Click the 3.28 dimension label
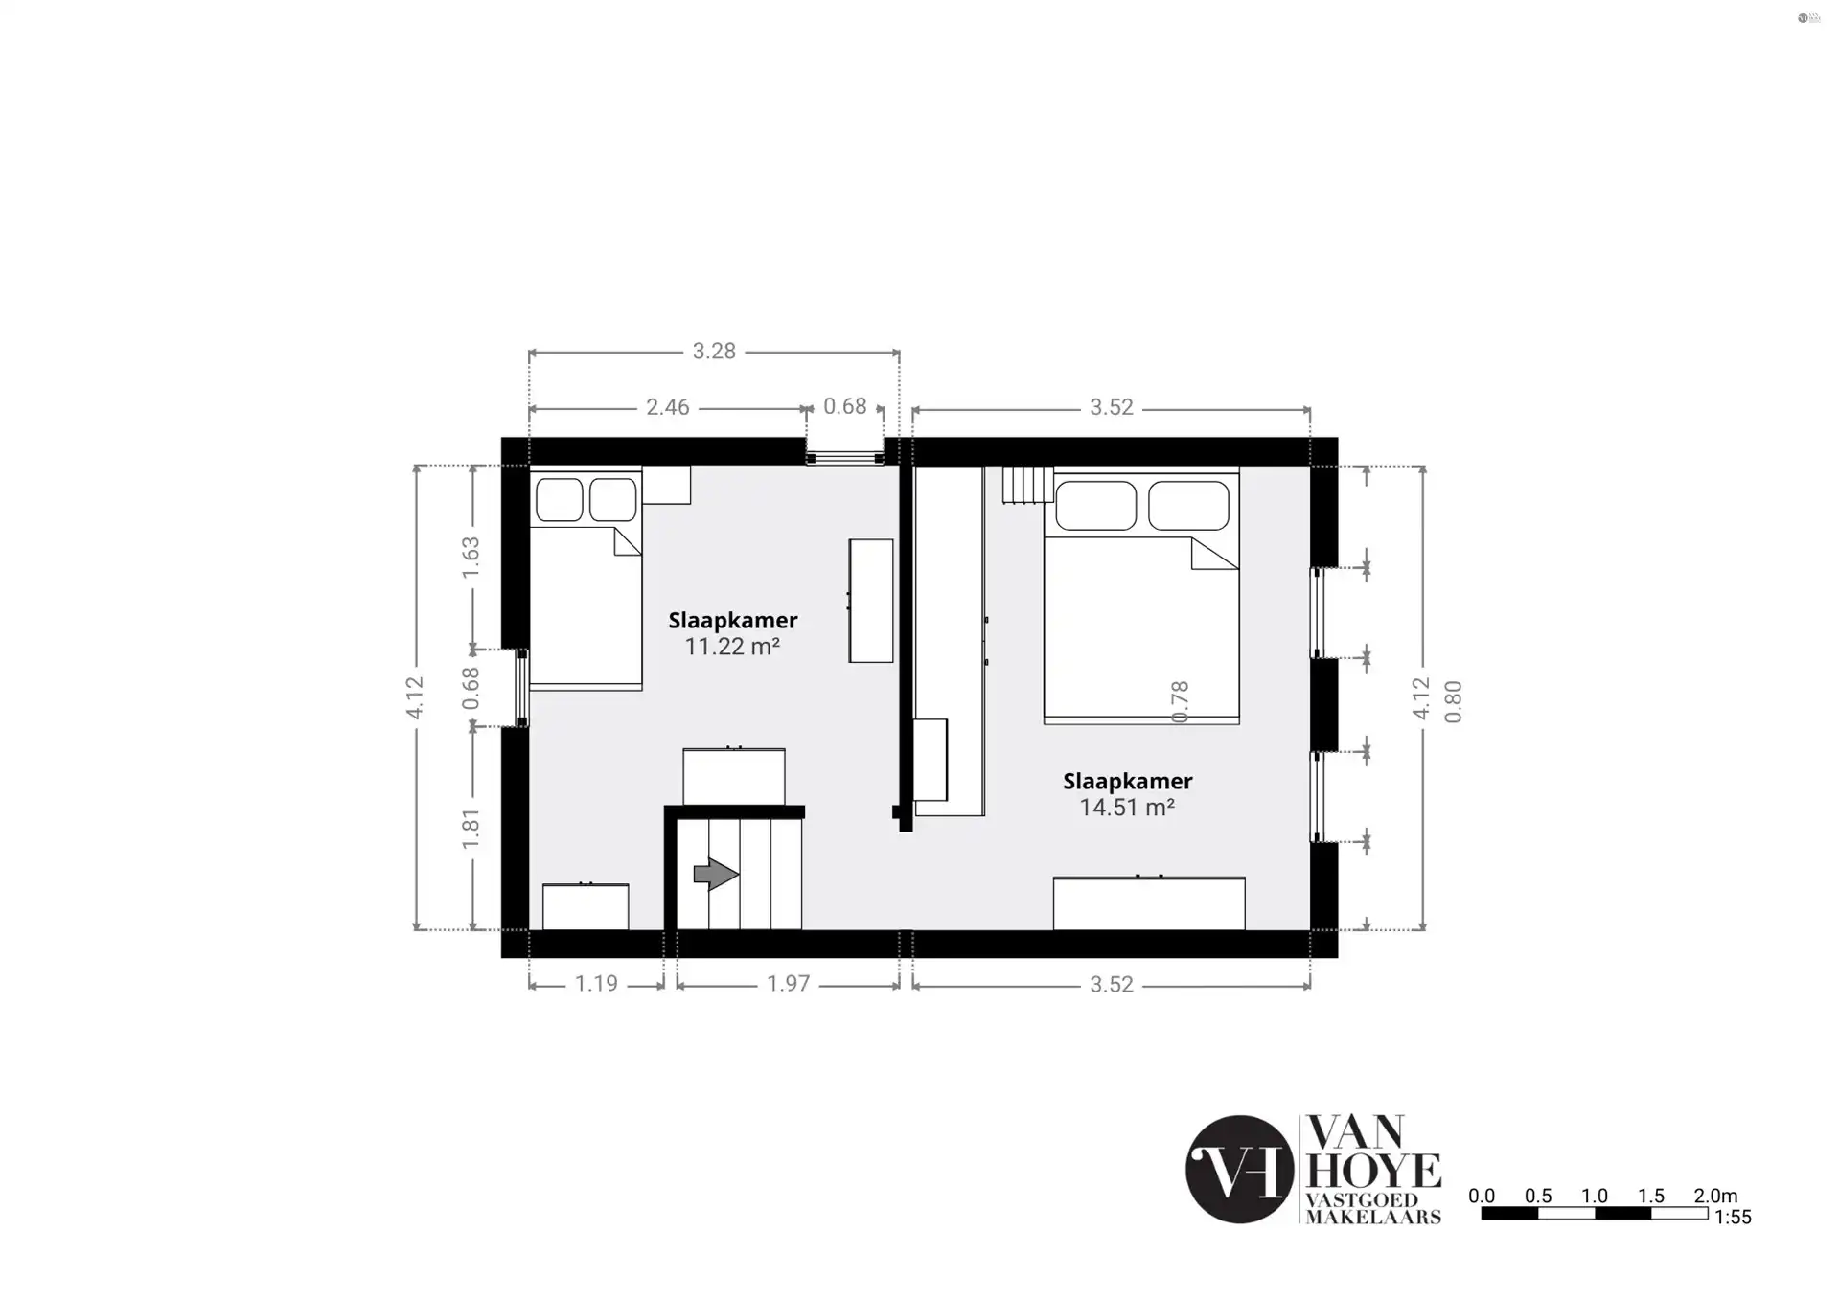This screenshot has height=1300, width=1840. tap(714, 352)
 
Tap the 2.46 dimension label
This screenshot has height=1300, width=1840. tap(667, 407)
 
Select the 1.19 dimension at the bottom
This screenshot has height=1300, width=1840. tap(595, 984)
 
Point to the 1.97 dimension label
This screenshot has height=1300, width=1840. tap(788, 984)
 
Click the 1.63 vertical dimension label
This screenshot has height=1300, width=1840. tap(471, 557)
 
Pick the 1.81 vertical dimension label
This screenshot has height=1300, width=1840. tap(471, 829)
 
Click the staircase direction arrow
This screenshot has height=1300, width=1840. tap(716, 874)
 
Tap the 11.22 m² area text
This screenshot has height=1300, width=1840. tap(732, 647)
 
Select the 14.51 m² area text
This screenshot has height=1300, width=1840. tap(1127, 808)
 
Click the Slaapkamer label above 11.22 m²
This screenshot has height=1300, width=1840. tap(733, 620)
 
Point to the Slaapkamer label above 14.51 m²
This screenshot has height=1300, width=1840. tap(1128, 781)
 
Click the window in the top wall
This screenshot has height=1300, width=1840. tap(844, 459)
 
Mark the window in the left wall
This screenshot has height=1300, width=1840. tap(522, 688)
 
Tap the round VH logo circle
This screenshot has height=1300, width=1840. tap(1240, 1169)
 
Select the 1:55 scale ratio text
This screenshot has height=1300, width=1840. tap(1733, 1218)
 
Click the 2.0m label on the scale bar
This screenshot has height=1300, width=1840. tap(1715, 1196)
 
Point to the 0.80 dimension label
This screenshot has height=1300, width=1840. tap(1454, 701)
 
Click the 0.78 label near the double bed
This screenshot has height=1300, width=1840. tap(1180, 701)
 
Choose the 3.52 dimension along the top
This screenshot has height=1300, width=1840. tap(1111, 407)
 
